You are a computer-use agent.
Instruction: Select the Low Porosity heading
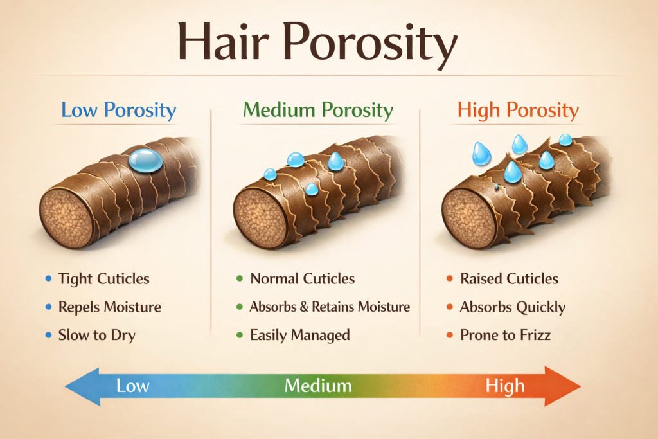118,110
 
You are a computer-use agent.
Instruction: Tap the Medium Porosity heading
319,110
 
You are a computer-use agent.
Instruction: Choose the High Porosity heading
518,110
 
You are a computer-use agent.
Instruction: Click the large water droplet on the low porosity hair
146,161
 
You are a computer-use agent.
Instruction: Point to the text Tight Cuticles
103,279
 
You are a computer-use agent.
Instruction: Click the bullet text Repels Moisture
109,307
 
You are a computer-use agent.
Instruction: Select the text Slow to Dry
96,335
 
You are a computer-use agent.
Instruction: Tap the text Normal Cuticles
302,279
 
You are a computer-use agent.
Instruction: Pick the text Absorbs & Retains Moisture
330,307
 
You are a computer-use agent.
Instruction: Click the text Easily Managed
300,335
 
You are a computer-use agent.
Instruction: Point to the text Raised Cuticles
509,279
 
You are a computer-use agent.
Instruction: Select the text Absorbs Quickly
512,307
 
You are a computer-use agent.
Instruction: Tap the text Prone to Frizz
505,335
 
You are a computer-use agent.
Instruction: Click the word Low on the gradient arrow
132,386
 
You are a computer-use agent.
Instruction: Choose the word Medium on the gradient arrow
318,386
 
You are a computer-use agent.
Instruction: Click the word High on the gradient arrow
504,386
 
